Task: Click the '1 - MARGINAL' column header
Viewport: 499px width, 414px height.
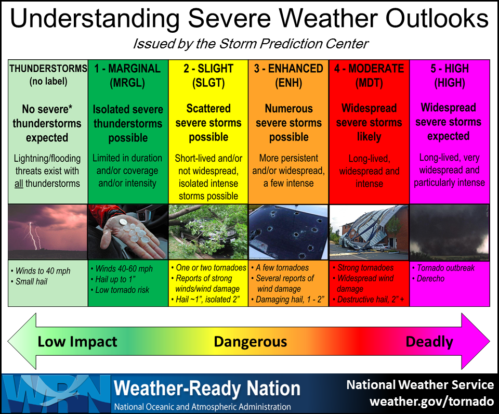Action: [x=127, y=69]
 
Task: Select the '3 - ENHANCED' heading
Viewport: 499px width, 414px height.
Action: [x=288, y=69]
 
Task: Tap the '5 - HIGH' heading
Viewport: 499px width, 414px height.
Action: [x=450, y=69]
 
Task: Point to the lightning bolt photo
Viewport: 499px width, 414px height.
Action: [x=47, y=231]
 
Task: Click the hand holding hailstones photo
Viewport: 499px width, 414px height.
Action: [x=127, y=231]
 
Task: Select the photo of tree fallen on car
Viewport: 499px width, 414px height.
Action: [x=208, y=231]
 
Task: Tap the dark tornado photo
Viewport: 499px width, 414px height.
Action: [x=450, y=231]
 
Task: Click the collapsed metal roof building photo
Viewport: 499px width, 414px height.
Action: [x=369, y=231]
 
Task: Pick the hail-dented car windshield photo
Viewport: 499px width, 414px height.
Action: [x=288, y=231]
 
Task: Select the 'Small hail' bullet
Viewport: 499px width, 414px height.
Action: [x=32, y=281]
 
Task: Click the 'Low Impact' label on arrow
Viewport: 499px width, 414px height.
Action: [x=77, y=342]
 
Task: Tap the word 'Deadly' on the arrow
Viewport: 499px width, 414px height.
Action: [x=429, y=342]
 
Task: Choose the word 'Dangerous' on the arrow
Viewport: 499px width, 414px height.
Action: [x=250, y=342]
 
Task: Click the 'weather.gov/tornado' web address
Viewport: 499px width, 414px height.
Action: [x=431, y=402]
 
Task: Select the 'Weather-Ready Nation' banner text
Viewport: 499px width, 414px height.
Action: [x=207, y=389]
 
